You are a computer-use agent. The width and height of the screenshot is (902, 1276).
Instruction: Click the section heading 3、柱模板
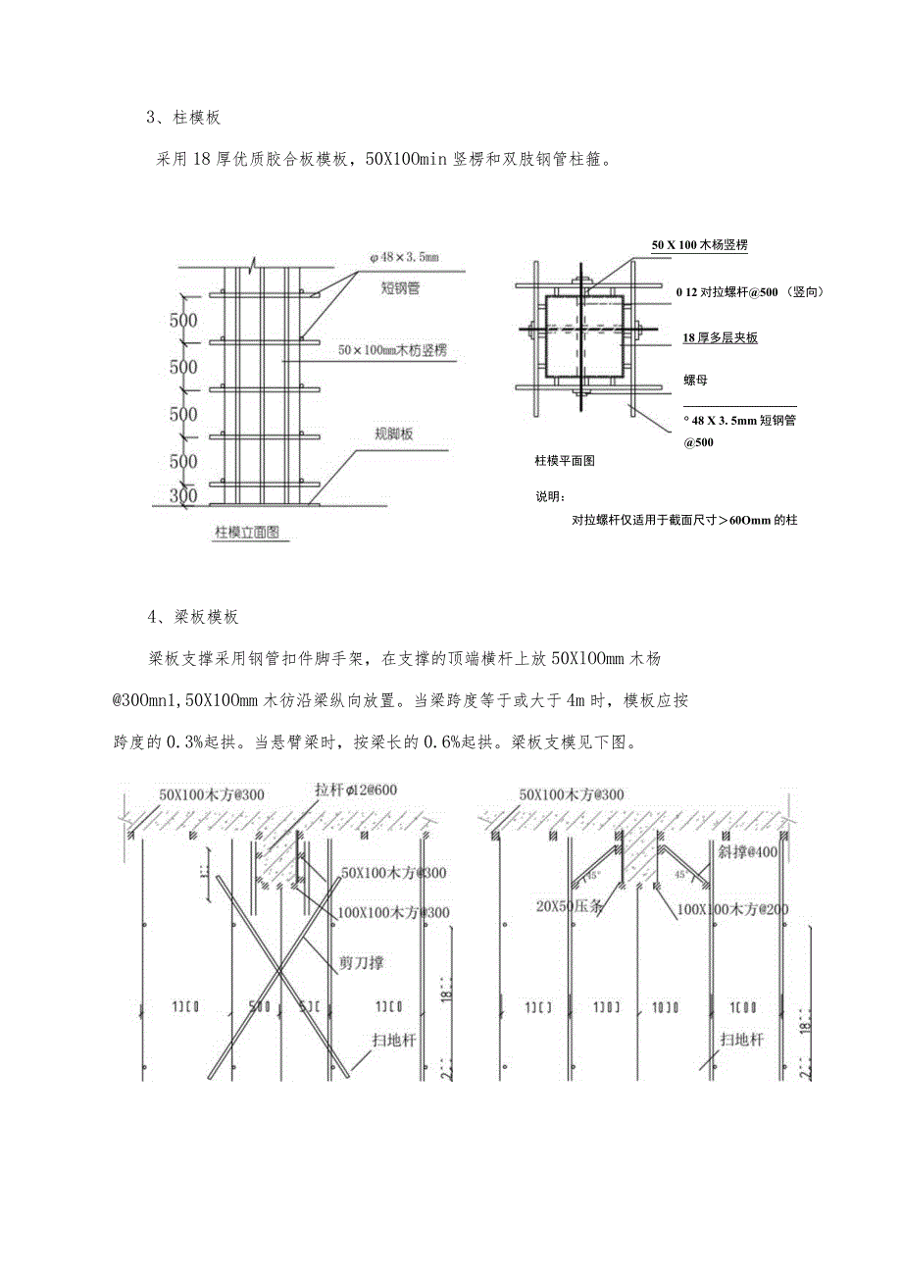coord(184,118)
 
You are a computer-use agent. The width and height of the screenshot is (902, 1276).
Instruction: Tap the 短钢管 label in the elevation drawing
coord(402,288)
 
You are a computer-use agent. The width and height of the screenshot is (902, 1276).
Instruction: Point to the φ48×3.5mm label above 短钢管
coord(404,257)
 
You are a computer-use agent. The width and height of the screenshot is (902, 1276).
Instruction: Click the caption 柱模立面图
coord(248,533)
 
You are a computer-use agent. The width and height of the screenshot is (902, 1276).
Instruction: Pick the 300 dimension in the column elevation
coord(184,495)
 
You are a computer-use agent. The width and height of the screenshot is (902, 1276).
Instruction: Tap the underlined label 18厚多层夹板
coord(720,337)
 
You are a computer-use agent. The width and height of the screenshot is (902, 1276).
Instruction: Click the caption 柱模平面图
coord(565,459)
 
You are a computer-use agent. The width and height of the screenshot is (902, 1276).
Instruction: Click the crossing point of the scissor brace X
coord(280,971)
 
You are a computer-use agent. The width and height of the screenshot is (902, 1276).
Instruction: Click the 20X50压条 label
coord(570,905)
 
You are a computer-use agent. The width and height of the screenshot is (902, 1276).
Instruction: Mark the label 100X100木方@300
coord(395,912)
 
